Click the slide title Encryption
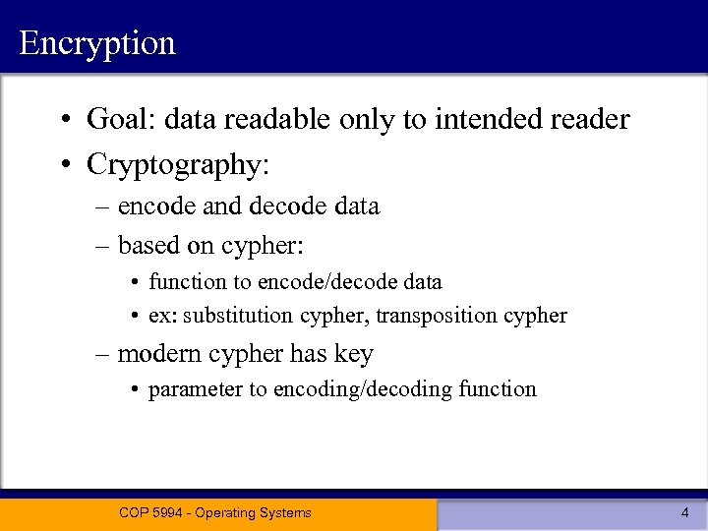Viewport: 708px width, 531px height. pos(96,43)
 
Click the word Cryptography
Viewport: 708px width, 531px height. pos(173,164)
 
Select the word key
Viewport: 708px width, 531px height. pos(353,354)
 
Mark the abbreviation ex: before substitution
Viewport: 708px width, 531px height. pos(162,316)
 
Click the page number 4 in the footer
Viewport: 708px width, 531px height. pos(684,512)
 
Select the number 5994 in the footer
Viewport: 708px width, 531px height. pos(170,512)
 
